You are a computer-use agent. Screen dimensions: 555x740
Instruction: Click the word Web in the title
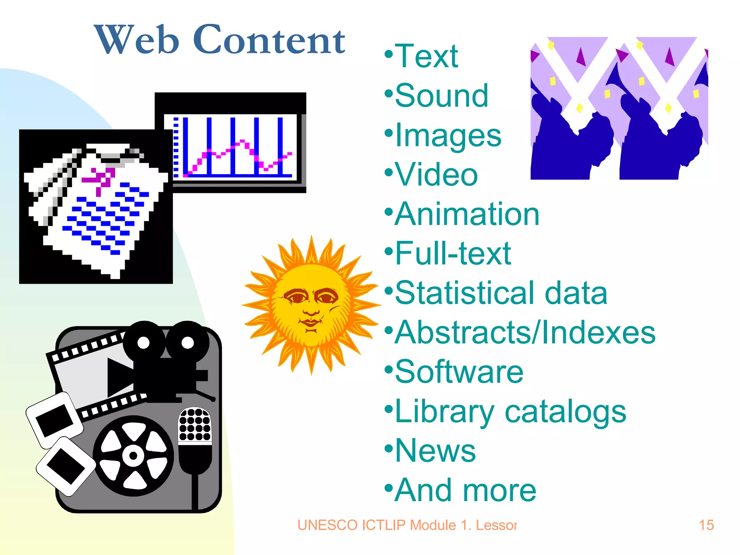[137, 40]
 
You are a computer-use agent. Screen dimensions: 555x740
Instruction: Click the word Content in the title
[269, 40]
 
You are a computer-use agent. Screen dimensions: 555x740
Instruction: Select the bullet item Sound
[441, 96]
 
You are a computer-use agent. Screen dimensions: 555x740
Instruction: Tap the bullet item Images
[448, 136]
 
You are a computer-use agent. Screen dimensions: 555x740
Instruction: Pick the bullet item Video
[436, 175]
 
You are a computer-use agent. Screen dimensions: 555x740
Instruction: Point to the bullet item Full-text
[453, 254]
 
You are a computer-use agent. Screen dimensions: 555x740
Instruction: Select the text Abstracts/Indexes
[525, 332]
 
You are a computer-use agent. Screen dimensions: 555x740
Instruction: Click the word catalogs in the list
[565, 412]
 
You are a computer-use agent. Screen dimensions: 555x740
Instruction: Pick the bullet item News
[435, 451]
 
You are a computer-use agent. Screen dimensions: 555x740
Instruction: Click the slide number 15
[706, 525]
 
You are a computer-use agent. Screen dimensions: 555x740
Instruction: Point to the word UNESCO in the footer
[327, 525]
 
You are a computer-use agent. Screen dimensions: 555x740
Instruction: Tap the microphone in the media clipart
[195, 439]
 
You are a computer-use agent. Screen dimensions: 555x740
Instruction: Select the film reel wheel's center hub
[133, 455]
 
